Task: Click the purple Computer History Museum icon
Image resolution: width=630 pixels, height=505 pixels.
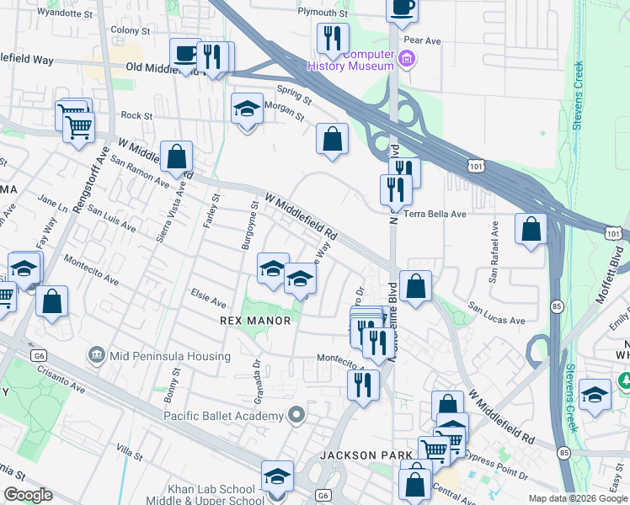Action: (x=407, y=58)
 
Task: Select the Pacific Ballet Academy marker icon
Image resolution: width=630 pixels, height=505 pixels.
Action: (x=296, y=414)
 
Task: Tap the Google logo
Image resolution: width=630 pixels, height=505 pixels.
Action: (x=27, y=495)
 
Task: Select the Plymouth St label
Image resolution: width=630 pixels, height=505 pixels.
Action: (x=323, y=13)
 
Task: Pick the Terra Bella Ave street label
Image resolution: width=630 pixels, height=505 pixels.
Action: (x=435, y=214)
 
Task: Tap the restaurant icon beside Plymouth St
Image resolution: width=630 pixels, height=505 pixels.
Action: (x=333, y=38)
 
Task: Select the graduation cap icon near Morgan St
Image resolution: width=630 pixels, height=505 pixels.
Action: (x=247, y=109)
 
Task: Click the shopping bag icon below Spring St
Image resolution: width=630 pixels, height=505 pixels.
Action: (x=333, y=138)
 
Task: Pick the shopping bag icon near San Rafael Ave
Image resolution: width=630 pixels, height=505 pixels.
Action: (x=531, y=229)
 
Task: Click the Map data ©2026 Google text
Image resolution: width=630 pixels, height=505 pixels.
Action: (x=578, y=498)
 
